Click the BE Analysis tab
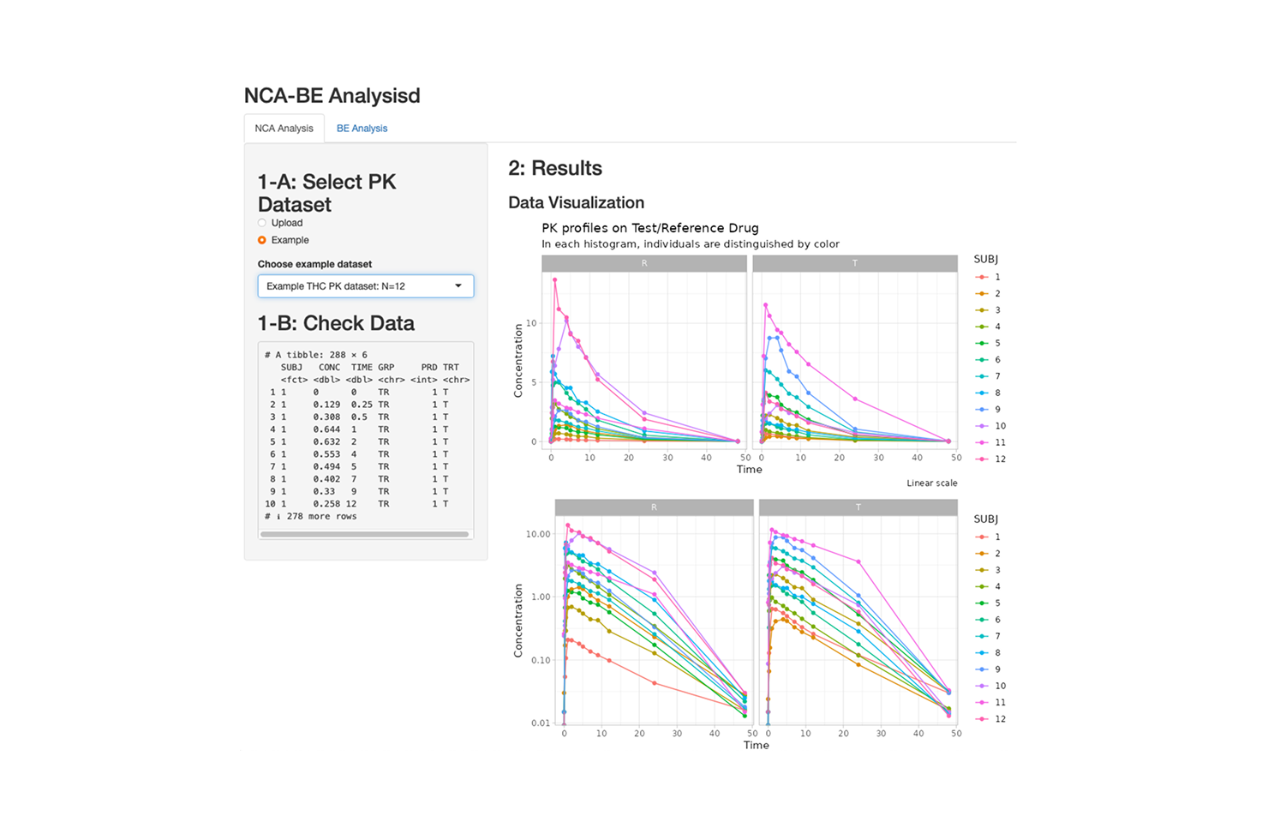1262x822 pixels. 362,129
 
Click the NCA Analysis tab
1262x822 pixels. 284,129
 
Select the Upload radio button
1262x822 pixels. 262,223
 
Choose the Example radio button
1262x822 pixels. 262,240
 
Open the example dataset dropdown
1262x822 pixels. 366,286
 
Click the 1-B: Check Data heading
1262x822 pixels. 336,323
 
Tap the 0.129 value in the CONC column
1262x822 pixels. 326,405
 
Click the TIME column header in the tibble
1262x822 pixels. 362,367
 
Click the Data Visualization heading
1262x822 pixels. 576,202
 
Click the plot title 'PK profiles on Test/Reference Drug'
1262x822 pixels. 649,228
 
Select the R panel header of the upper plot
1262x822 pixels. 644,263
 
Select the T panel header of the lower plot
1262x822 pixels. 858,507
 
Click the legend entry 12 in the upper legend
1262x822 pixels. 999,459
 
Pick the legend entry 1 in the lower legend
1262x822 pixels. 996,537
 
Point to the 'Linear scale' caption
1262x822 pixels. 931,483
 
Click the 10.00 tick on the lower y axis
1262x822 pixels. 538,534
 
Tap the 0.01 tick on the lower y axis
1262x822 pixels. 540,723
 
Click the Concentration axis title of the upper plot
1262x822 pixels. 517,360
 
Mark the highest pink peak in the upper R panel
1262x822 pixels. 555,279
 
